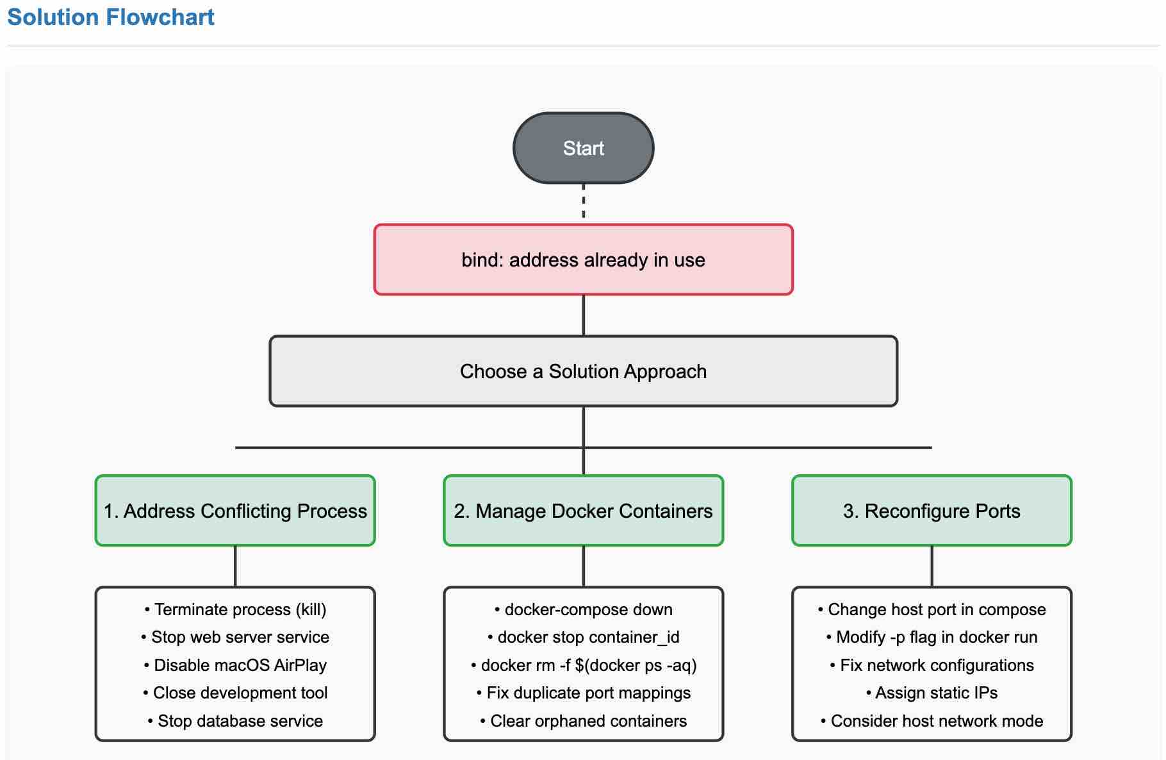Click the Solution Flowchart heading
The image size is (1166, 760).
point(110,17)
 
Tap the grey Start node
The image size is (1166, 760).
point(583,148)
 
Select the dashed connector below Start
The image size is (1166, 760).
point(583,201)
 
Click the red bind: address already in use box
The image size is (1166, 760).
point(583,260)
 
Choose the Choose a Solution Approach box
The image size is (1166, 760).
point(583,371)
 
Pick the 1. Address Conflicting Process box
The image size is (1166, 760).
point(235,511)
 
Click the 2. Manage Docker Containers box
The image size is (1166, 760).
point(583,511)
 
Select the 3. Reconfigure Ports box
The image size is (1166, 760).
point(932,511)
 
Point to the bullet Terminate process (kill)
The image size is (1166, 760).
point(235,609)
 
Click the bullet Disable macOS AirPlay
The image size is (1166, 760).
point(235,665)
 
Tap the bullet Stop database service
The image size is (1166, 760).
point(235,721)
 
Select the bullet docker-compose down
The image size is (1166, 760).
point(583,609)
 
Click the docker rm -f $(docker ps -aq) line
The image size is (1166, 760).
point(583,665)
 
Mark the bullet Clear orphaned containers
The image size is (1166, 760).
point(583,721)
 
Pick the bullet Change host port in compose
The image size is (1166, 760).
point(932,609)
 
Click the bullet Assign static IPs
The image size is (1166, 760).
point(932,693)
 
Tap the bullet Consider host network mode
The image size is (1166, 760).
point(932,721)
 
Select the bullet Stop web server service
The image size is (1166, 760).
point(235,637)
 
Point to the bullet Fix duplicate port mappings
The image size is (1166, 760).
point(583,693)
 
